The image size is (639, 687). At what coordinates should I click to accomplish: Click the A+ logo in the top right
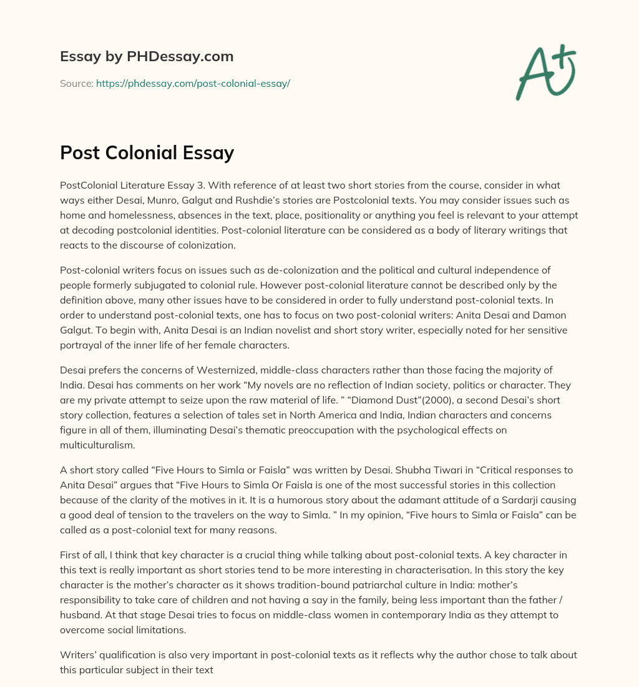click(545, 72)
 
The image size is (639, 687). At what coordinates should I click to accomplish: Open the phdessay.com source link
click(193, 83)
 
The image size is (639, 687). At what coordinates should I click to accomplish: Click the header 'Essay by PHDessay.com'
click(147, 57)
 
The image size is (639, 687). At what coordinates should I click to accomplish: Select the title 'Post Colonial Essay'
click(147, 152)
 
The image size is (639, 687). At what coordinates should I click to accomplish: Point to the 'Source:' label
click(76, 83)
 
